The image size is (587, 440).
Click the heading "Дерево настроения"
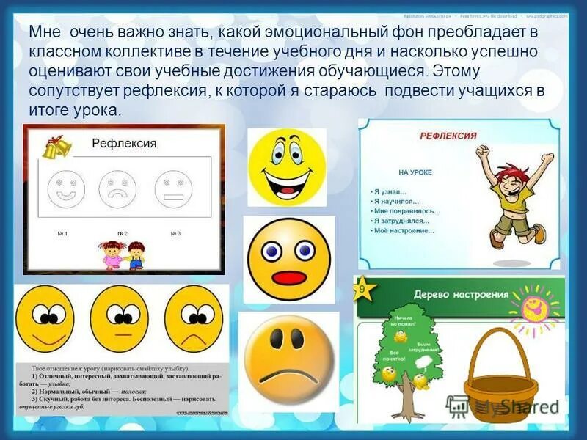tap(462, 294)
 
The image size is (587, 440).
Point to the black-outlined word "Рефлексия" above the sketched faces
tap(124, 144)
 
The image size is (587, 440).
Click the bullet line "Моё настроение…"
tap(404, 231)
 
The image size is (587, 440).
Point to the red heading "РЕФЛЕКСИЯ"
tap(448, 136)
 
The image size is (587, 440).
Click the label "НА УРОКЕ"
tap(415, 172)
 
